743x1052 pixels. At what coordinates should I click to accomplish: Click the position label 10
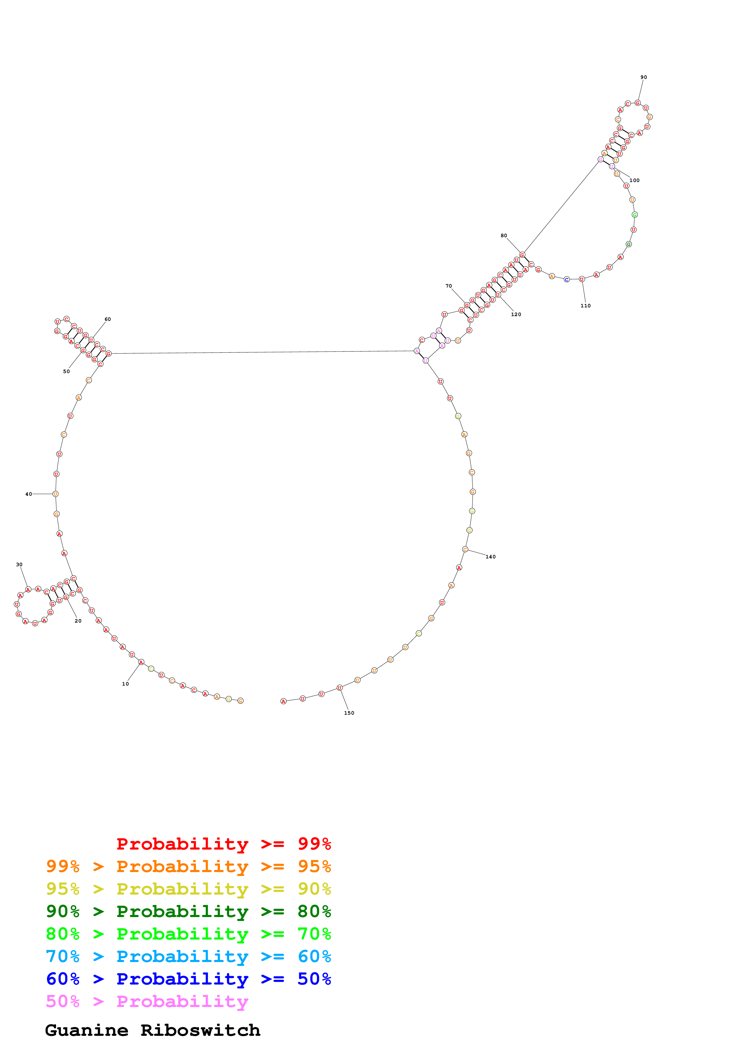[x=125, y=684]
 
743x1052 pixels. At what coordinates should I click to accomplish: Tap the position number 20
[x=78, y=621]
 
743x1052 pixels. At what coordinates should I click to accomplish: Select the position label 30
[x=19, y=564]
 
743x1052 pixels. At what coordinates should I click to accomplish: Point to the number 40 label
[x=28, y=494]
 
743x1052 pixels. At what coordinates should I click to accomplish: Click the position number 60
[x=108, y=319]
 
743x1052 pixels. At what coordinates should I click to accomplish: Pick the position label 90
[x=644, y=77]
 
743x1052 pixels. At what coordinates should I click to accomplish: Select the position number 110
[x=586, y=306]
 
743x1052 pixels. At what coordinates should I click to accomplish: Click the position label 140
[x=490, y=557]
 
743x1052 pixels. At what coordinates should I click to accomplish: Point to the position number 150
[x=349, y=713]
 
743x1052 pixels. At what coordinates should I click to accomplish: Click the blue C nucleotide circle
[x=567, y=279]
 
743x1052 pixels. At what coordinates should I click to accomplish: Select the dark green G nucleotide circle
[x=629, y=244]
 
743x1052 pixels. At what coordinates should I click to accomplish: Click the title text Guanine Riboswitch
[x=153, y=1030]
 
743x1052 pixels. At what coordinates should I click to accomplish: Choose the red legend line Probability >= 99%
[x=223, y=844]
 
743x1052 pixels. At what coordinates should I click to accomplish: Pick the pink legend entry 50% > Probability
[x=147, y=1002]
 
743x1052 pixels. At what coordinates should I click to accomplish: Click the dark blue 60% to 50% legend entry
[x=188, y=979]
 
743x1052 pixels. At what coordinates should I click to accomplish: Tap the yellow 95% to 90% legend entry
[x=188, y=889]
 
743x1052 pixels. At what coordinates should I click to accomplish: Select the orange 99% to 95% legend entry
[x=188, y=866]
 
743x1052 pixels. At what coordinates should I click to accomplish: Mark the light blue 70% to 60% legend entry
[x=188, y=957]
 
